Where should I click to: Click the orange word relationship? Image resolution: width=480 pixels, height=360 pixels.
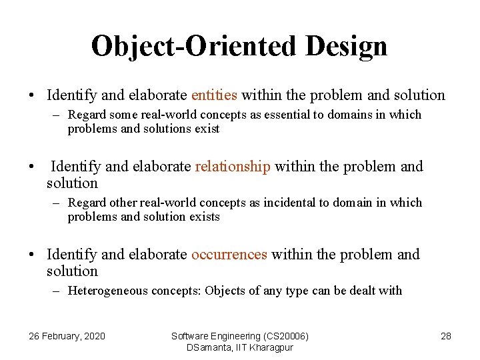(233, 167)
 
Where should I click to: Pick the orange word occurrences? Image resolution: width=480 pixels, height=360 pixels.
(229, 254)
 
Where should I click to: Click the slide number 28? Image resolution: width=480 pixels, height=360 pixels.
(446, 336)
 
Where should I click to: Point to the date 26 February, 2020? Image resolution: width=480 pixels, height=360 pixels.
(67, 336)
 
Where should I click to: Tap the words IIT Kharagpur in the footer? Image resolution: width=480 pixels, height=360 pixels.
(266, 347)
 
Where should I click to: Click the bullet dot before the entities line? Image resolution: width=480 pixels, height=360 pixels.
(32, 96)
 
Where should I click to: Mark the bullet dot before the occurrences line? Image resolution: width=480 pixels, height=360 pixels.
(32, 255)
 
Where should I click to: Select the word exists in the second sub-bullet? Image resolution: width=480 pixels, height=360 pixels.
(203, 217)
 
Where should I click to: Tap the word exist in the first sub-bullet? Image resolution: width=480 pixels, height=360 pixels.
(207, 129)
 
